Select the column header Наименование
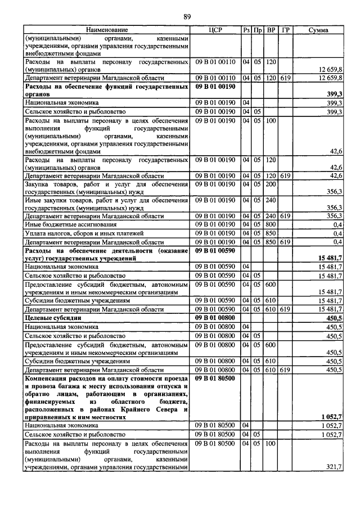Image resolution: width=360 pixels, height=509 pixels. click(x=107, y=30)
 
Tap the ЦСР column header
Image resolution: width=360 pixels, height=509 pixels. click(x=215, y=30)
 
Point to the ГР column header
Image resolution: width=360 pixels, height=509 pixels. click(x=286, y=30)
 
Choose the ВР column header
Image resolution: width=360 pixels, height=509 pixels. click(x=271, y=30)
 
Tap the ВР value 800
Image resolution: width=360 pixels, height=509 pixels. click(x=271, y=224)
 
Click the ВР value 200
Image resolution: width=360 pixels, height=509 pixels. click(x=271, y=184)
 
